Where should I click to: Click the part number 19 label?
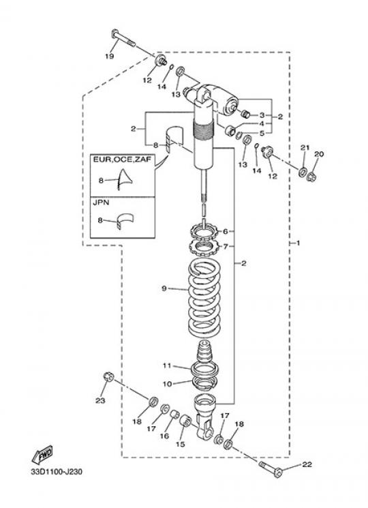tap(110, 56)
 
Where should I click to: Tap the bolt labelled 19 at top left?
tap(123, 38)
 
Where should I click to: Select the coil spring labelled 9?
tap(204, 299)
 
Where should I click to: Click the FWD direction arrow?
tap(42, 455)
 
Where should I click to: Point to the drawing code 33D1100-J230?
tap(57, 471)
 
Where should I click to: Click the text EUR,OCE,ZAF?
tap(122, 160)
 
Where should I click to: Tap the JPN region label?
tap(101, 203)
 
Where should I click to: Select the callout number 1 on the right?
tap(298, 243)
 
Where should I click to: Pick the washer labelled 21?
tap(303, 171)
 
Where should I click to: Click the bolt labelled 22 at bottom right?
tap(271, 469)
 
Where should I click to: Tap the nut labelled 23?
tap(108, 377)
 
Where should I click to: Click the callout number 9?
tap(164, 288)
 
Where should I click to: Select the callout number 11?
tap(167, 365)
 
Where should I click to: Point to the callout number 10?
tap(168, 384)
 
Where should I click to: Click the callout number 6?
tap(226, 231)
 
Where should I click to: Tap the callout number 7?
tap(226, 247)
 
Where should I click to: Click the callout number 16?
tap(164, 436)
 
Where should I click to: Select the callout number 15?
tap(181, 444)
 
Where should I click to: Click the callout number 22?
tap(307, 464)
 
